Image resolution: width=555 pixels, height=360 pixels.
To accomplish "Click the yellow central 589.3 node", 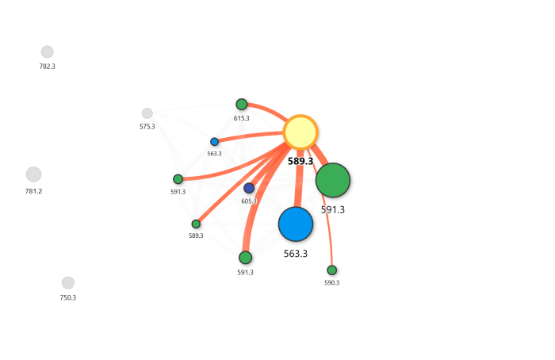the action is point(300,132).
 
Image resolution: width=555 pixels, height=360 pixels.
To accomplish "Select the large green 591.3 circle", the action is point(333,180).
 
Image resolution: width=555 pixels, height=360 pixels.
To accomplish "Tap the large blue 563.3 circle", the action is point(296,224).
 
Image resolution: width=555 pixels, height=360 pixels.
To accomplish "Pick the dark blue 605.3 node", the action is point(249,188).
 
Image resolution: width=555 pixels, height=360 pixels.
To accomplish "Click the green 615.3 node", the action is point(242,105).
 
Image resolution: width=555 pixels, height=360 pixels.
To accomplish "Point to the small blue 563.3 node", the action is point(214,142).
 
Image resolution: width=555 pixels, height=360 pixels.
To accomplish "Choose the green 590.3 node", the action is point(331,270).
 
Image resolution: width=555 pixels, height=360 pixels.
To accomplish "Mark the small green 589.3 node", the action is point(196,224).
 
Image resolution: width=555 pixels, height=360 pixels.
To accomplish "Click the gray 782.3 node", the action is point(48,52).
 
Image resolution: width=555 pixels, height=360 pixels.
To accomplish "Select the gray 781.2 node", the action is point(33,174).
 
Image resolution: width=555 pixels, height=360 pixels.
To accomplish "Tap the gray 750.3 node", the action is point(68,283).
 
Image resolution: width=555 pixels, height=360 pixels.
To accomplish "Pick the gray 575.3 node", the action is point(147,113).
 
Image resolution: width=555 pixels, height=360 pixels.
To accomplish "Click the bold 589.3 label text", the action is point(300,161).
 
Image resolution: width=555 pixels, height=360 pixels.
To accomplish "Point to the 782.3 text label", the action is point(48,67).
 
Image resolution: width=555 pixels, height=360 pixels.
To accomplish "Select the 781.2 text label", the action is point(33,191).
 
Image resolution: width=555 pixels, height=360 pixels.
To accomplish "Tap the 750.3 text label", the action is point(68,298).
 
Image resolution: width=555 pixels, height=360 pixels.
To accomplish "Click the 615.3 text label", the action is point(242,119).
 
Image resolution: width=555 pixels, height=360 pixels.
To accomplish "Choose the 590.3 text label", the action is point(331,283).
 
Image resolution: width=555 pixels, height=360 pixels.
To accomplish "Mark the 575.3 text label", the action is point(147,127).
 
